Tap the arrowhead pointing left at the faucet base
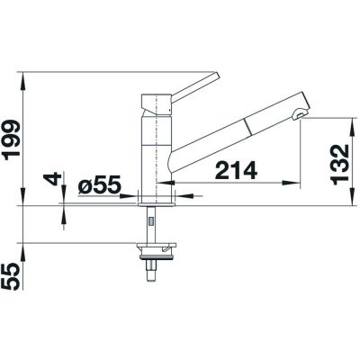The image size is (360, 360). (x=181, y=191)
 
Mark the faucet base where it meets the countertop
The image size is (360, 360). (x=155, y=200)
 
